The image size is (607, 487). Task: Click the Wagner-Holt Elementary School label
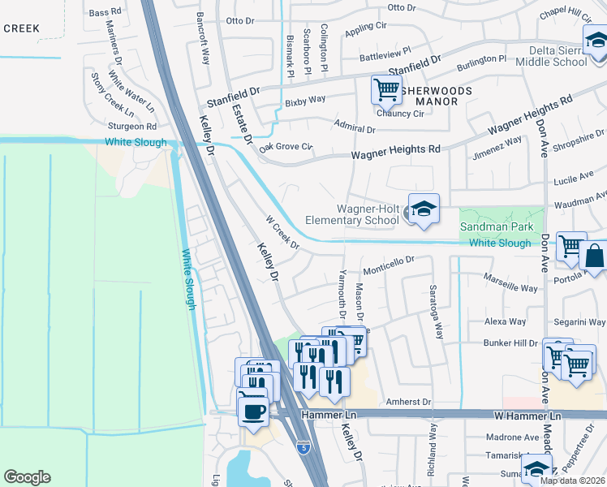tap(352, 213)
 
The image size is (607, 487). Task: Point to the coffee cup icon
tap(253, 410)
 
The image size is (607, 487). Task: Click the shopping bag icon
tap(593, 257)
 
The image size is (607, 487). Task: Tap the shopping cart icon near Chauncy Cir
tap(386, 89)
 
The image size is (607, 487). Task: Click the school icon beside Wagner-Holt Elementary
tap(424, 211)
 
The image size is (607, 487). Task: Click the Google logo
tap(27, 477)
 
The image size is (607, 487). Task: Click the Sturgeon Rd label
tap(132, 127)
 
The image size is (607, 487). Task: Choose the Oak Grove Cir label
tap(286, 147)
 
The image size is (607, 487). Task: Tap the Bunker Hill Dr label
tap(510, 343)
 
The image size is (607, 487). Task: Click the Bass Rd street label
tap(104, 13)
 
